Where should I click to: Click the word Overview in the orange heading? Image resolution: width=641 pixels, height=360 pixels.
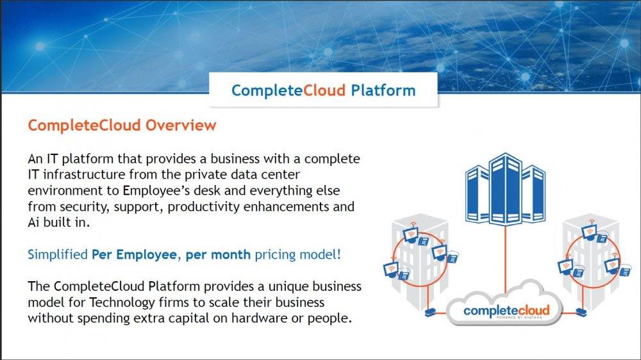coord(181,125)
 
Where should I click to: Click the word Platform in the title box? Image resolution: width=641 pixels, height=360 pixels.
coord(383,90)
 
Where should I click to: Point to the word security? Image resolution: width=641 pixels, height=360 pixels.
coord(85,207)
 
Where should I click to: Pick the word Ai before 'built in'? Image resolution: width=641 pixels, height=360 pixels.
coord(33,222)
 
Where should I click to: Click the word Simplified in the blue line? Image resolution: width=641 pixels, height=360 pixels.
coord(58,254)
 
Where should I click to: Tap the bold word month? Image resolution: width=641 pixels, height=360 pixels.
coord(231,254)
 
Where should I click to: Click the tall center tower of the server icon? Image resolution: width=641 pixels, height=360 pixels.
coord(505,188)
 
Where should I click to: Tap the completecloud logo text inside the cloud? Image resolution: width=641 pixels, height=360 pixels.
coord(506,311)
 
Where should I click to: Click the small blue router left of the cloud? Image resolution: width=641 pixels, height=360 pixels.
coord(429,313)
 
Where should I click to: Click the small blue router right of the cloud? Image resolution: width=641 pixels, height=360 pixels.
coord(581,313)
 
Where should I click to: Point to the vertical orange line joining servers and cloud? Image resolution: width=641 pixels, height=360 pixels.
coord(506,259)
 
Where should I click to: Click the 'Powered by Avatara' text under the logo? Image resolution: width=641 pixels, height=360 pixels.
coord(519,317)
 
